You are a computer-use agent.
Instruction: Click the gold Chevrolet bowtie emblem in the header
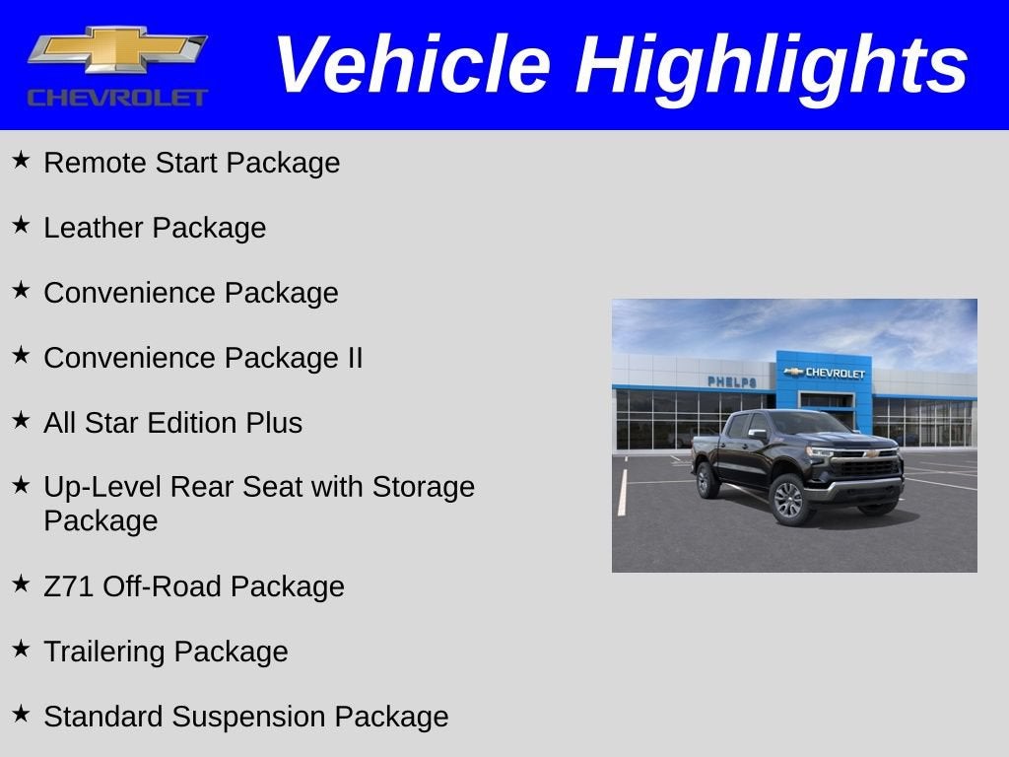(x=117, y=49)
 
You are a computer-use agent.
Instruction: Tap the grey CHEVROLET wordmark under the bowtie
(x=118, y=98)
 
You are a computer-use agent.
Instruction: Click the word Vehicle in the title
(x=413, y=64)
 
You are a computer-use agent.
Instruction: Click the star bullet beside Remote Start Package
(x=22, y=160)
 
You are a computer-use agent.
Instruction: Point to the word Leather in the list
(x=94, y=228)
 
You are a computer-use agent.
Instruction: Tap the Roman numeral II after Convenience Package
(x=355, y=357)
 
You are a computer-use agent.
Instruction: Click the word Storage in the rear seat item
(x=423, y=487)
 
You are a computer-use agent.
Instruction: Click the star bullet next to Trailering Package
(x=22, y=649)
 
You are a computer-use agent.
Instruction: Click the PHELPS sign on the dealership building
(x=732, y=381)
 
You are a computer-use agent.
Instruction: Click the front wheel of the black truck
(x=789, y=500)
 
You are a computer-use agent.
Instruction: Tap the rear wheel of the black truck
(x=707, y=480)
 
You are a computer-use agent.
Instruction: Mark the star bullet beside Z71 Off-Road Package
(x=22, y=584)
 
